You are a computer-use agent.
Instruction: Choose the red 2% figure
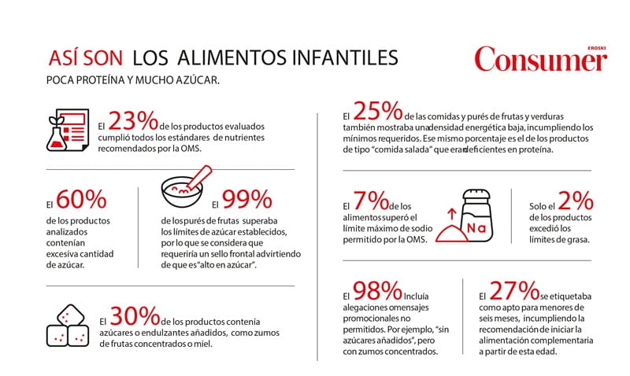click(565, 201)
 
